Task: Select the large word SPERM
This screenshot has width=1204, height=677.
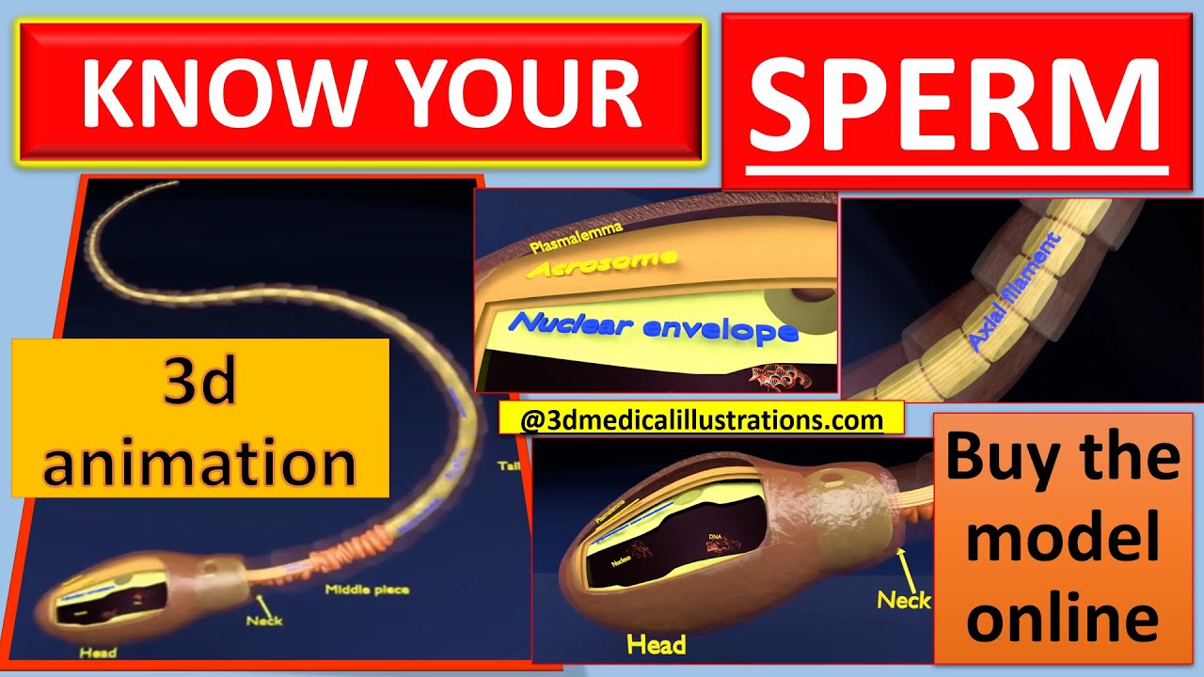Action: [x=958, y=102]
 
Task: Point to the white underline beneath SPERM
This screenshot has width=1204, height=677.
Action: [x=958, y=171]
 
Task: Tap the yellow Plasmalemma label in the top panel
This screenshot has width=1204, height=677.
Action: [x=575, y=237]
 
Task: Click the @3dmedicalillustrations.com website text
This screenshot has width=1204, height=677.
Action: [x=701, y=419]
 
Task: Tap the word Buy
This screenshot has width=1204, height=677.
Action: [x=999, y=458]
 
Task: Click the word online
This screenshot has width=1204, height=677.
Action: [x=1063, y=618]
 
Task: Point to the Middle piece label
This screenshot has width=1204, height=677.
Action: [x=366, y=590]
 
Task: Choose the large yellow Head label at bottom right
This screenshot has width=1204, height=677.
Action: [x=656, y=644]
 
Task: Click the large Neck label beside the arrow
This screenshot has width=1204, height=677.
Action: [x=903, y=599]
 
